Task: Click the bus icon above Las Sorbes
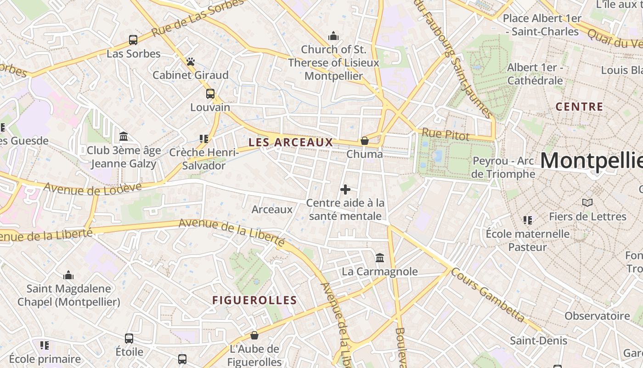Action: pyautogui.click(x=133, y=40)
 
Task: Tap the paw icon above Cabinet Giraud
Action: pyautogui.click(x=191, y=62)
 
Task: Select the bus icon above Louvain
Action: pyautogui.click(x=210, y=94)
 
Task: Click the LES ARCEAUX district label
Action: pyautogui.click(x=290, y=143)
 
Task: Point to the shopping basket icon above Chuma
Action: pyautogui.click(x=365, y=140)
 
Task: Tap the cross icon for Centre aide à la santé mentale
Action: pyautogui.click(x=345, y=189)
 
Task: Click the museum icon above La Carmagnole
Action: pyautogui.click(x=380, y=258)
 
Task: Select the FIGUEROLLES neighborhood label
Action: pyautogui.click(x=254, y=300)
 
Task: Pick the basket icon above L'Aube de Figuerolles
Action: pyautogui.click(x=254, y=335)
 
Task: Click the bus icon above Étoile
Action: pyautogui.click(x=129, y=339)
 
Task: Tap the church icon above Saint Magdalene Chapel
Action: pyautogui.click(x=68, y=275)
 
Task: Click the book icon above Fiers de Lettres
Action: pyautogui.click(x=587, y=202)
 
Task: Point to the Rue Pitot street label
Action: pyautogui.click(x=446, y=135)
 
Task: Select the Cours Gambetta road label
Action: pyautogui.click(x=488, y=294)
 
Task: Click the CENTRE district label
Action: pyautogui.click(x=579, y=107)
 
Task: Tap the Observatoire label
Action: pyautogui.click(x=597, y=316)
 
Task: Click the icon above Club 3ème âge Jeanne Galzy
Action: pyautogui.click(x=124, y=137)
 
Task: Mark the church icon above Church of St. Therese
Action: pyautogui.click(x=333, y=36)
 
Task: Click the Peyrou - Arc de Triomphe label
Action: pyautogui.click(x=503, y=167)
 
